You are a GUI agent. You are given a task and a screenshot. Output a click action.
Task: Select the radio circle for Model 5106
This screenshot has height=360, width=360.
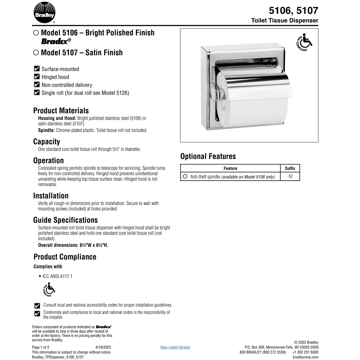(x=36, y=33)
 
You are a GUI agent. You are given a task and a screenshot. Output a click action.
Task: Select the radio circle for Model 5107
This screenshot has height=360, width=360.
(x=36, y=52)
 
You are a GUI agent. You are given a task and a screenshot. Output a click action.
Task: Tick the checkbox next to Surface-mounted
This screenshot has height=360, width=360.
(x=37, y=69)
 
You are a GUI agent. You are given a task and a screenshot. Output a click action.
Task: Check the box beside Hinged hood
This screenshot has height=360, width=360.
(x=37, y=77)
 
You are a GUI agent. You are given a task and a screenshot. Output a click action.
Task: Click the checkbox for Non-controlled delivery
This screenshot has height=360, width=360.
(x=37, y=85)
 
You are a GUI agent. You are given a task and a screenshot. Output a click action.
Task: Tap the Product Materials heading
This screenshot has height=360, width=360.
(x=61, y=111)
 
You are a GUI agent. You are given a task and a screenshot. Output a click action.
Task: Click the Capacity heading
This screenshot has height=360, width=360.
(x=46, y=142)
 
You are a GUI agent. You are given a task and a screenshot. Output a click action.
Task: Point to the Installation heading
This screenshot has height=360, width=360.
(x=51, y=196)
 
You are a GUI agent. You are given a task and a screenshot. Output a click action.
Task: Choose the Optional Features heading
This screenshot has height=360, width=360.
(x=208, y=156)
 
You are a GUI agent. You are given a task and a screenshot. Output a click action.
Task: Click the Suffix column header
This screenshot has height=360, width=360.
(x=290, y=168)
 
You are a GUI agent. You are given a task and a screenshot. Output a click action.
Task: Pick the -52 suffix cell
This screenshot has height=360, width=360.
(x=290, y=176)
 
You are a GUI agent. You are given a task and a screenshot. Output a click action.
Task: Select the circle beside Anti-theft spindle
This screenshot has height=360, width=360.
(x=185, y=176)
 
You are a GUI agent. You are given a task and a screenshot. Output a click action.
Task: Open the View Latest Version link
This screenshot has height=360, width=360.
(x=175, y=347)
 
